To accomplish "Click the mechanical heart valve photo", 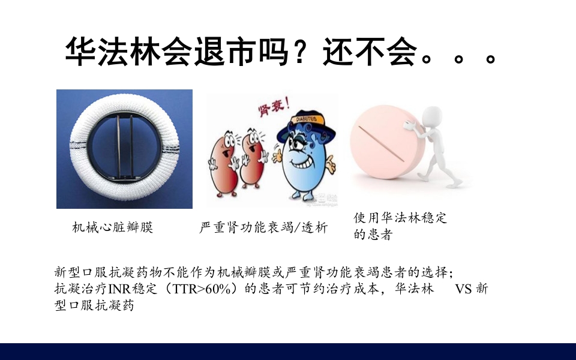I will click(x=124, y=149).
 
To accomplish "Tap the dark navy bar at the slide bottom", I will click(x=288, y=352).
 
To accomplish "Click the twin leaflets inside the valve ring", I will click(x=124, y=144).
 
